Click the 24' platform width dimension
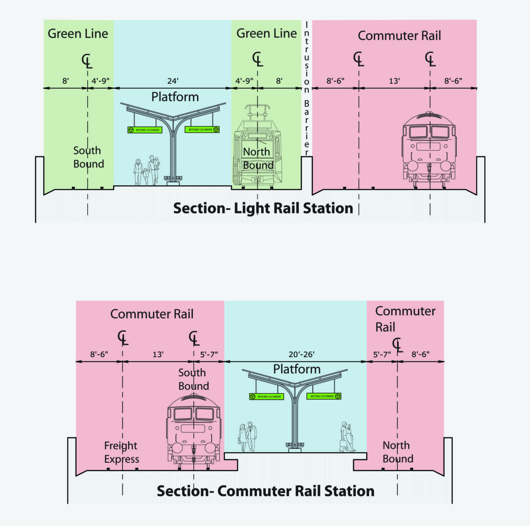click(x=173, y=81)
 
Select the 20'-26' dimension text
click(x=301, y=355)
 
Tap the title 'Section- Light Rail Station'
click(x=263, y=208)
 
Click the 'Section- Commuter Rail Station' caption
click(x=266, y=491)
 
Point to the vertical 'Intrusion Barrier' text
click(x=306, y=88)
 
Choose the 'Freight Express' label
click(x=121, y=452)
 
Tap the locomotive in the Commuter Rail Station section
click(x=193, y=430)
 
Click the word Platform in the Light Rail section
click(x=175, y=97)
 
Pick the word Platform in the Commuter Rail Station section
click(x=297, y=369)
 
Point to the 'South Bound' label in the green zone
click(x=88, y=157)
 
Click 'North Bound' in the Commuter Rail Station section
click(x=398, y=452)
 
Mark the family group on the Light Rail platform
click(x=146, y=171)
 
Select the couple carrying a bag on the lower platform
click(x=348, y=437)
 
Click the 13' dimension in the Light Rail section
click(x=394, y=81)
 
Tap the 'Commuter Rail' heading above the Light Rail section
click(x=399, y=36)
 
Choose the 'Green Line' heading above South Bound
click(x=78, y=34)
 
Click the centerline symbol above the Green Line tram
click(x=258, y=59)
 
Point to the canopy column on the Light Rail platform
click(x=174, y=149)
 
